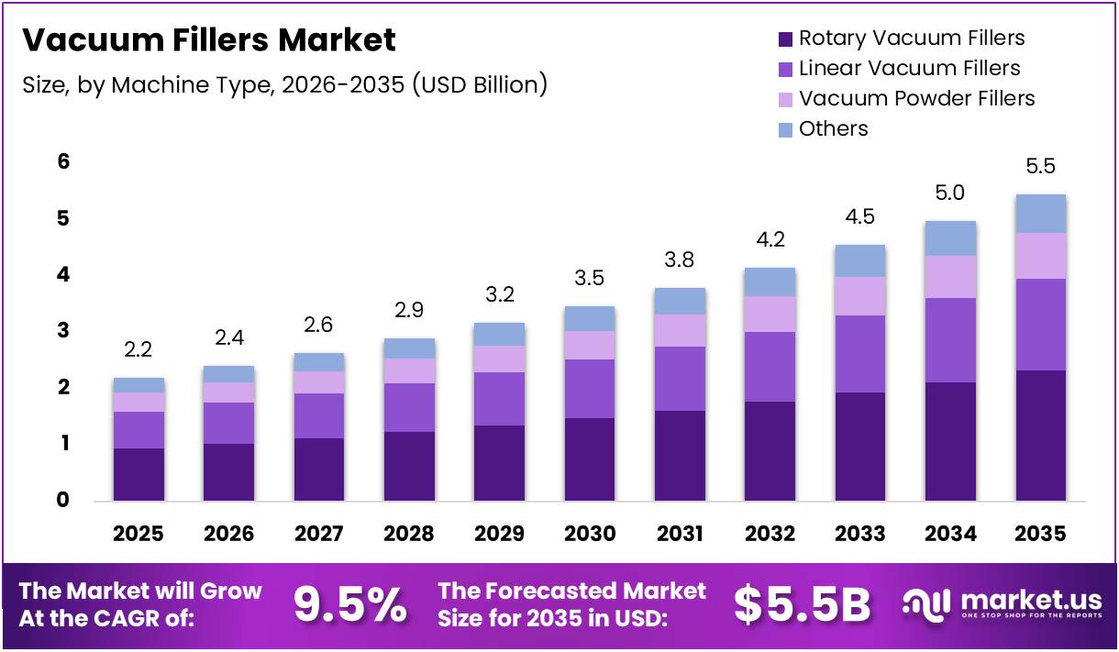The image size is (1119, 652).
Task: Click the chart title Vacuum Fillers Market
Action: point(208,40)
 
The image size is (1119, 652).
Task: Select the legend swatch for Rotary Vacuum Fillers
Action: point(785,39)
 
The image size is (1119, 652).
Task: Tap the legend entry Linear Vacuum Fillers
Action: point(909,68)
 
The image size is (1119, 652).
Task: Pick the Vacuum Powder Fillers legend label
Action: point(916,98)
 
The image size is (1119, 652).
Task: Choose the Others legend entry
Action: point(833,128)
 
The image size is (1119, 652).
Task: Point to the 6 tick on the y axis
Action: point(63,161)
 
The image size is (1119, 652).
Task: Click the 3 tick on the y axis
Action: point(63,331)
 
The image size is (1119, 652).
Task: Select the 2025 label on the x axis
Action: point(138,533)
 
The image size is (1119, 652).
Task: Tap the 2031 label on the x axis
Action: point(680,533)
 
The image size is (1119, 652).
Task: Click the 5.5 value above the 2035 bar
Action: point(1041,167)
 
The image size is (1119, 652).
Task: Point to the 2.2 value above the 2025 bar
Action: point(138,349)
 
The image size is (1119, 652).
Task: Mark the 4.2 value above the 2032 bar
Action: point(770,239)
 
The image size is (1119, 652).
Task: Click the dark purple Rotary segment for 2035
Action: point(1041,436)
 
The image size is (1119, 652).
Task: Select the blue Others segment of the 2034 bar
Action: point(950,238)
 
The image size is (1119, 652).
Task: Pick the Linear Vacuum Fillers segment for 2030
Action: point(590,389)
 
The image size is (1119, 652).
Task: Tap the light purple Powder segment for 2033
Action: point(860,296)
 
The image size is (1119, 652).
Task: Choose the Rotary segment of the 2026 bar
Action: point(229,472)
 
